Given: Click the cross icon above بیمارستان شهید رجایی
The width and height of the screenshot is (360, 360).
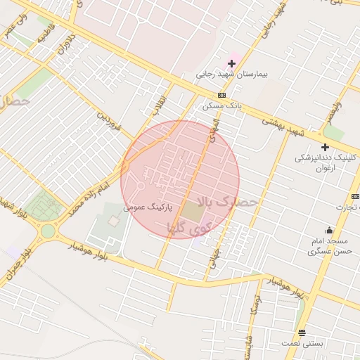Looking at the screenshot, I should (x=231, y=64).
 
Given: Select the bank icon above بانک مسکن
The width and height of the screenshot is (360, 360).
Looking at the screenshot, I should (x=222, y=96).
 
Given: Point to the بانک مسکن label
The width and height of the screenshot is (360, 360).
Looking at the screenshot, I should (x=221, y=106).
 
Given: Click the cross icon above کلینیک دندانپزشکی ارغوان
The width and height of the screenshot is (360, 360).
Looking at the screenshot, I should (x=325, y=147).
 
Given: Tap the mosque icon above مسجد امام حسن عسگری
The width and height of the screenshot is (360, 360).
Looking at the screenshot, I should (x=329, y=230).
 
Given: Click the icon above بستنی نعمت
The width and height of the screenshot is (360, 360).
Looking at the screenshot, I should (x=302, y=333).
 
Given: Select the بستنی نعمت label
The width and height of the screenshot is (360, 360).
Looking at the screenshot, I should (x=302, y=343).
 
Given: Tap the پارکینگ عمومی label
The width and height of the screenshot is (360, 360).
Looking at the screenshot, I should (x=145, y=207).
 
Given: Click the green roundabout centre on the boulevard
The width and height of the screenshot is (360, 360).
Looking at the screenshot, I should (x=48, y=231).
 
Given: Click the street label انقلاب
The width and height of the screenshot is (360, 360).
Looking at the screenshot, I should (x=158, y=106).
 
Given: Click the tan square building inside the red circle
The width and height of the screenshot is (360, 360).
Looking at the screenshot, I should (x=192, y=210).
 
